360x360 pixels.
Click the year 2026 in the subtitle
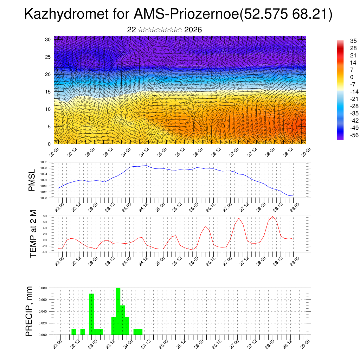tap(193, 30)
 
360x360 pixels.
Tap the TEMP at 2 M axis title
tap(33, 233)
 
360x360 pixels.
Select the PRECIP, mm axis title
tap(30, 311)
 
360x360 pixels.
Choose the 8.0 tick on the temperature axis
tap(45, 216)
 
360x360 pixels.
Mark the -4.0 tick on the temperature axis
tap(45, 252)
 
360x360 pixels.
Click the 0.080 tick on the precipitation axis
tap(43, 288)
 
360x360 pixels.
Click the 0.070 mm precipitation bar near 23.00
tap(91, 314)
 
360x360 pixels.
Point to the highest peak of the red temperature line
tap(272, 216)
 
